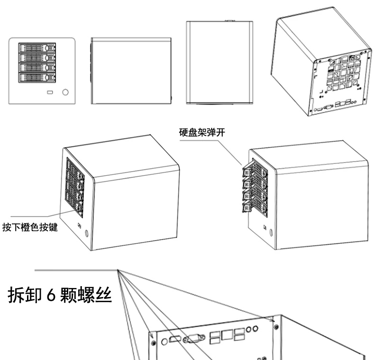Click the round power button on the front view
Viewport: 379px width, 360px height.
(65, 92)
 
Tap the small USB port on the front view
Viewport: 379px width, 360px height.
(50, 92)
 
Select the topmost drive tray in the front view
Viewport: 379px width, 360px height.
(37, 47)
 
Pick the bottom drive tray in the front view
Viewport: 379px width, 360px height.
(37, 78)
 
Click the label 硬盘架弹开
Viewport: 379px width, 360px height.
(202, 133)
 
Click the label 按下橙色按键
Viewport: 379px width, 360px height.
(30, 227)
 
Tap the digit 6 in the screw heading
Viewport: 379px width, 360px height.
(51, 295)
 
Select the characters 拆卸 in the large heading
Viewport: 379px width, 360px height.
(25, 295)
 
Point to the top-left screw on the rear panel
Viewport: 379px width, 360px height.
(153, 343)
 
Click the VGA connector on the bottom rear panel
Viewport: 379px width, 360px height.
(194, 338)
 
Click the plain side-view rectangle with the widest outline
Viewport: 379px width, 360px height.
(131, 71)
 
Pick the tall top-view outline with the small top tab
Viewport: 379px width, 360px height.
(219, 63)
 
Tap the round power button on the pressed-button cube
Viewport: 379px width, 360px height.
(87, 234)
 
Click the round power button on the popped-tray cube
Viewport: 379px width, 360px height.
(271, 233)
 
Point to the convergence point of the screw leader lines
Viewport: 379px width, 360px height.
(117, 270)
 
